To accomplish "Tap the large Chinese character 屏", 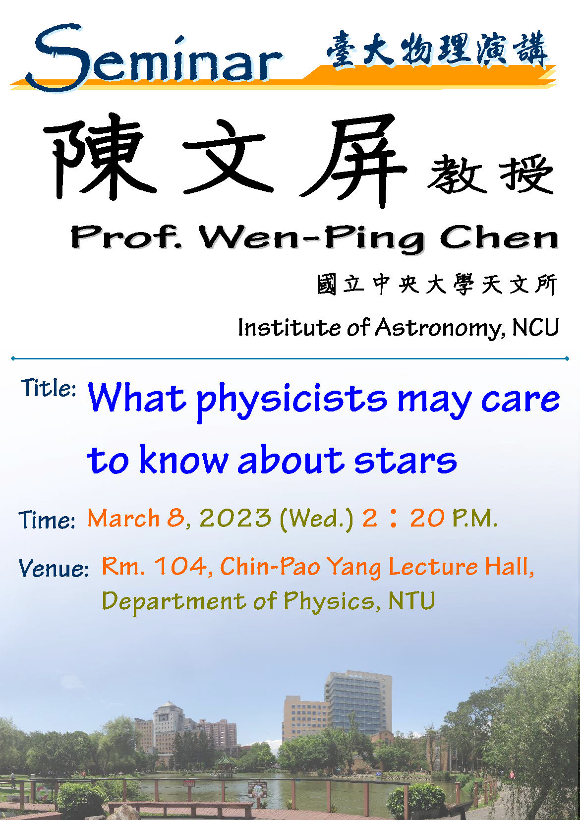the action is [x=353, y=161].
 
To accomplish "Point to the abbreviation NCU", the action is [x=535, y=327].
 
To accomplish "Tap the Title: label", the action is [x=48, y=388].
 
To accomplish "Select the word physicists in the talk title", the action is [x=291, y=402].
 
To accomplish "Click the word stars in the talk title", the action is [x=406, y=460].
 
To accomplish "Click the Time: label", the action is [x=47, y=520].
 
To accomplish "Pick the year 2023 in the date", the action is [x=235, y=519].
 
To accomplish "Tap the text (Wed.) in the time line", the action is [x=317, y=519].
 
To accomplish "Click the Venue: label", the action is [x=54, y=569].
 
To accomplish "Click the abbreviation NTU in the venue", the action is [x=411, y=601].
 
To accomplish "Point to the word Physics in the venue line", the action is [x=328, y=602].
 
